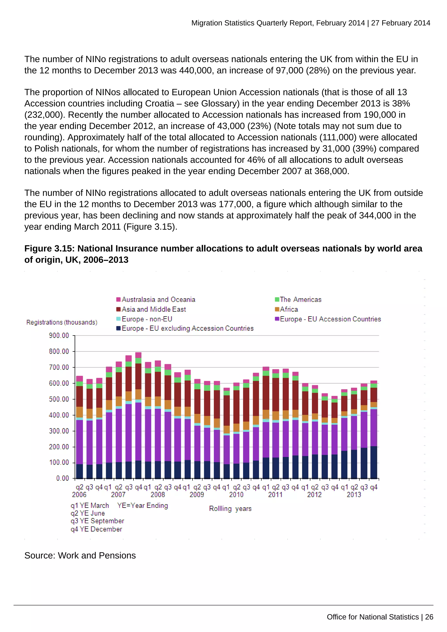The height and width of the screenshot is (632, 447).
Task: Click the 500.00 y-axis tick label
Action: point(59,399)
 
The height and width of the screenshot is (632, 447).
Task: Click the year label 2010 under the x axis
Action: point(236,495)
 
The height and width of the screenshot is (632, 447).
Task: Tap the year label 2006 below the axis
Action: point(79,495)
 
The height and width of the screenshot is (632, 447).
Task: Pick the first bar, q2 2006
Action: point(79,427)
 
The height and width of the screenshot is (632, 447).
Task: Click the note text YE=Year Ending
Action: point(142,505)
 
